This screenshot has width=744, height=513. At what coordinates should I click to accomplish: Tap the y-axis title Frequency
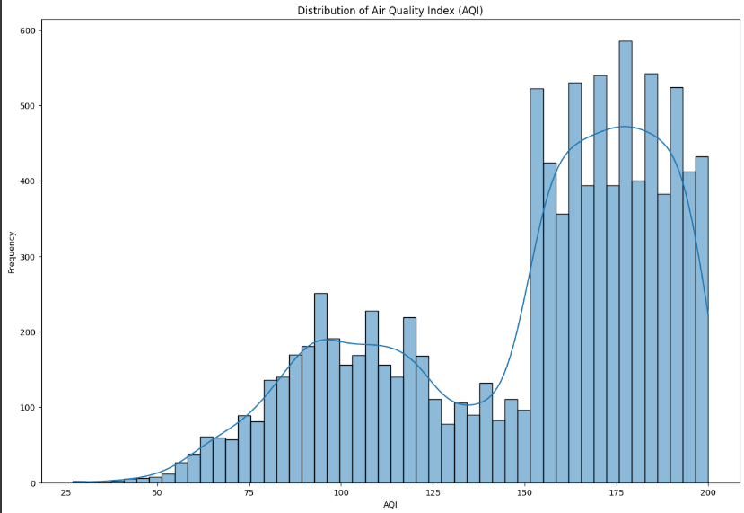12,252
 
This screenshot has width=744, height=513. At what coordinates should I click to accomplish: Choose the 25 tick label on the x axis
66,494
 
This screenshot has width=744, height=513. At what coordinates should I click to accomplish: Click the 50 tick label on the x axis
157,494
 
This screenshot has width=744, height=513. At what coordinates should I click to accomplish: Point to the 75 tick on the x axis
249,494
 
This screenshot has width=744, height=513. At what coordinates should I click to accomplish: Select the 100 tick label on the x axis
340,494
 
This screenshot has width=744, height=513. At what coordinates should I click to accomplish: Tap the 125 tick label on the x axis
432,494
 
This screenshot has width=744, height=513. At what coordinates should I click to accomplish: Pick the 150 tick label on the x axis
524,494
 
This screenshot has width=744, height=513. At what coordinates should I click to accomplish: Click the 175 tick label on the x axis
616,494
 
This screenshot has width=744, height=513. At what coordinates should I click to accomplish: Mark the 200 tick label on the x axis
707,494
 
